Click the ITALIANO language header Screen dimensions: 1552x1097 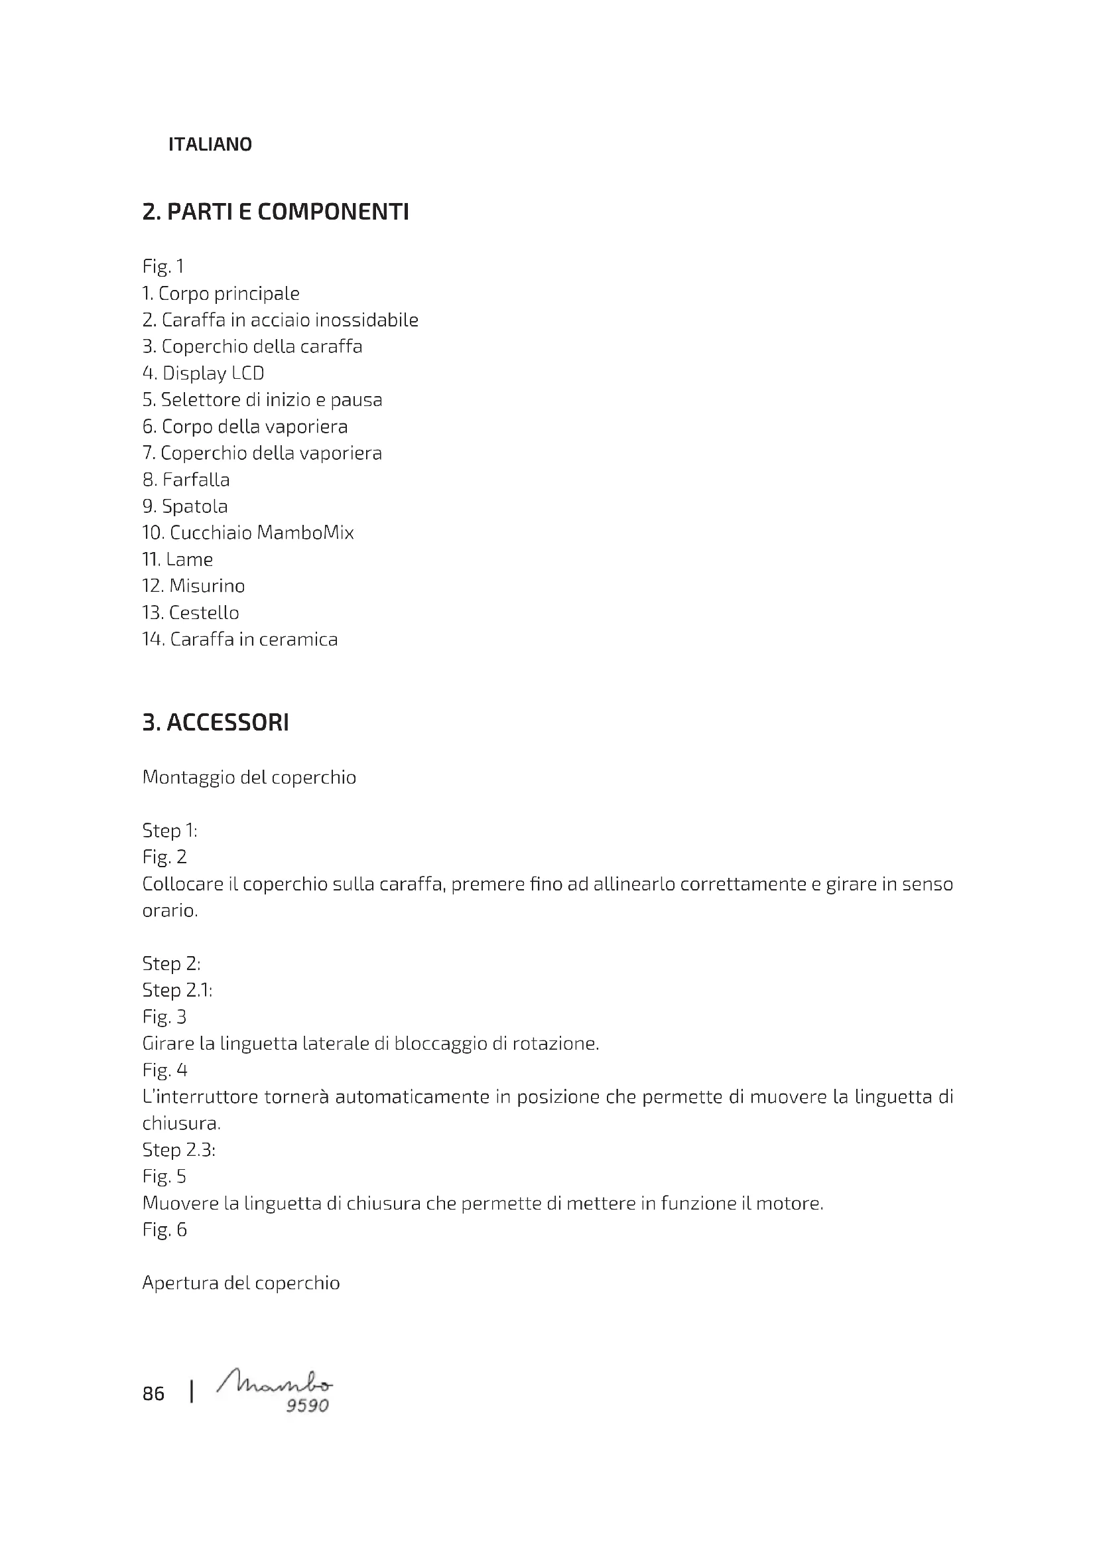coord(210,144)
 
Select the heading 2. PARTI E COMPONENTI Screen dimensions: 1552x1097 coord(276,212)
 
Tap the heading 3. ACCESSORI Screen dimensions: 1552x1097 coord(216,723)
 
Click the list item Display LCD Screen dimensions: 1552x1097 coord(204,373)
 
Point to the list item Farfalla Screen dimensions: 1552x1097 coord(186,480)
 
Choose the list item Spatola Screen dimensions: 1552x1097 coord(185,506)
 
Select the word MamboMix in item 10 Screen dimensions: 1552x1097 coord(305,533)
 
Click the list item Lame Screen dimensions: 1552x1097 coord(178,560)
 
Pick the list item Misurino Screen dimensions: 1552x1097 coord(193,586)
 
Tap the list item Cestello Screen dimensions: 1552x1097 coord(190,613)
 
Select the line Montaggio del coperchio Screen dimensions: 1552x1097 coord(249,778)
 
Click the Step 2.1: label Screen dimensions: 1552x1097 coord(177,990)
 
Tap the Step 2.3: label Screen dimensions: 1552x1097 coord(179,1150)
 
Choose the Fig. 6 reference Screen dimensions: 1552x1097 coord(164,1230)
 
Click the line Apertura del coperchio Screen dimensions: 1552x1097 coord(241,1283)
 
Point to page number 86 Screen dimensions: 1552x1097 coord(153,1394)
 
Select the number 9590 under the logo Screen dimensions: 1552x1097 coord(307,1406)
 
